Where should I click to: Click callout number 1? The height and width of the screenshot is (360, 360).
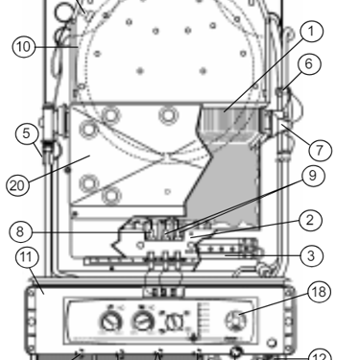point(311,32)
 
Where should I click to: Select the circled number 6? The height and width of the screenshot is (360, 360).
point(309,63)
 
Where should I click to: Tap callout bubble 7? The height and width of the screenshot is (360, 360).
point(320,150)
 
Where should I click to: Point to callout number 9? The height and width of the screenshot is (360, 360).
point(313,176)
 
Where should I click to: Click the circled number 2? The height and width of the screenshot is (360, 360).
point(310,220)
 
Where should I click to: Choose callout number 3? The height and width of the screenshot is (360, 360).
point(311,256)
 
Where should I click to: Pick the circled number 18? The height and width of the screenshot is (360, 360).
point(319,292)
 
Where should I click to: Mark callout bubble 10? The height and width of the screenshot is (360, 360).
point(24,47)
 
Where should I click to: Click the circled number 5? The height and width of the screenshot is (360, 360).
point(27,133)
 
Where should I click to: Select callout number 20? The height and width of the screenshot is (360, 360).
point(17,185)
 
